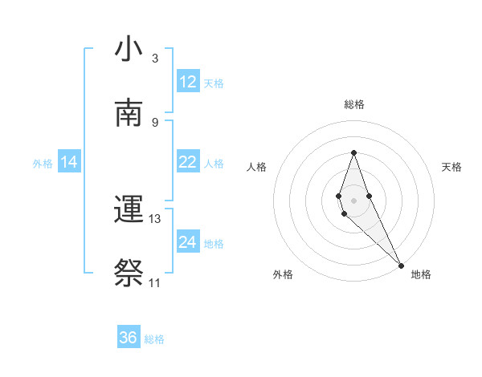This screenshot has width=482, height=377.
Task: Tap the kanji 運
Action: [x=129, y=210]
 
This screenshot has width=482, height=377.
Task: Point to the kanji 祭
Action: [x=129, y=274]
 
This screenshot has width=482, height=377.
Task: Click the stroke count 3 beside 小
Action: [x=155, y=59]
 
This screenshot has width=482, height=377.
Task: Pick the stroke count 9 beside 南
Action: [x=155, y=122]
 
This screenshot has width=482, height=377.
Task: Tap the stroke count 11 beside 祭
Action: [x=155, y=283]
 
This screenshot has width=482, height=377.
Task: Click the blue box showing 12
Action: [x=188, y=82]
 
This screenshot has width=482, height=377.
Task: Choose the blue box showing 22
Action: [x=188, y=162]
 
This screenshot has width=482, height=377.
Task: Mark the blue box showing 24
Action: [x=188, y=242]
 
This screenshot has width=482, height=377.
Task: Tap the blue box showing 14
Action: [x=69, y=162]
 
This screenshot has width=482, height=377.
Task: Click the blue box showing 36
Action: [x=129, y=338]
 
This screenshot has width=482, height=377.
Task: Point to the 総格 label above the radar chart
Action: [x=354, y=104]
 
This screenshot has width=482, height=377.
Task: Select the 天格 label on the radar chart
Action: [x=451, y=167]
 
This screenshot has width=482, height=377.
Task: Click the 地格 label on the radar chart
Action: [x=421, y=274]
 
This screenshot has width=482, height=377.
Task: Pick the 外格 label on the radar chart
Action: [x=283, y=274]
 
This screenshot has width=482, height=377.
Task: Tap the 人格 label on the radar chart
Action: [x=257, y=167]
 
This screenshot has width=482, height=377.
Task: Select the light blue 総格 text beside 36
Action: [x=154, y=339]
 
